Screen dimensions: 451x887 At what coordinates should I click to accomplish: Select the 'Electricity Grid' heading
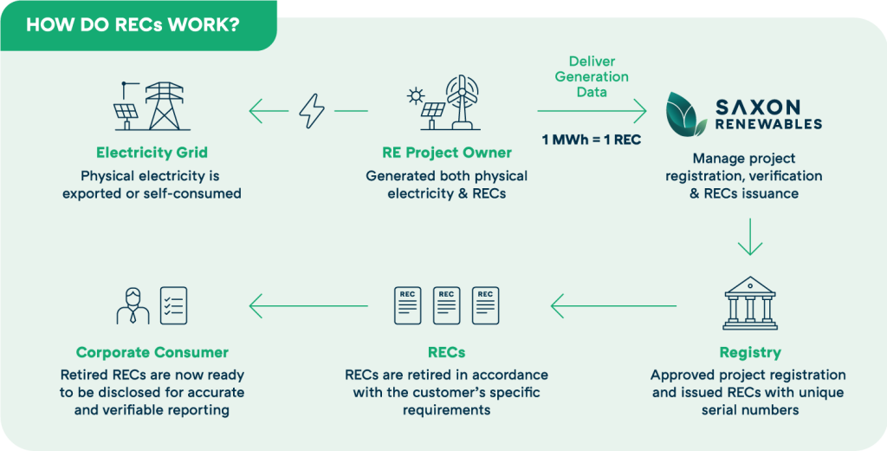click(x=152, y=153)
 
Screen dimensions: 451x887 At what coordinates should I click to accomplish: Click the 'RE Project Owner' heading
click(x=446, y=153)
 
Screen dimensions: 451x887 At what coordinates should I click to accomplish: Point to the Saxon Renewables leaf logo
click(x=689, y=114)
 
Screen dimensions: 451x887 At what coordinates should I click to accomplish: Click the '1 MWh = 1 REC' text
click(x=591, y=140)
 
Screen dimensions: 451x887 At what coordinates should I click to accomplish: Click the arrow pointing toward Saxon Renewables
click(x=592, y=111)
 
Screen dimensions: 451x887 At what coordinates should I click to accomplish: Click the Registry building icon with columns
click(x=749, y=304)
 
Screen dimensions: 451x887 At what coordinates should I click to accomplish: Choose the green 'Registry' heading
click(x=749, y=352)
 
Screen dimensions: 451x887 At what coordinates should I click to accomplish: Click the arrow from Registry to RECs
click(x=613, y=305)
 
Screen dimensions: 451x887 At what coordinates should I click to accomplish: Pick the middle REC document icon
click(x=446, y=305)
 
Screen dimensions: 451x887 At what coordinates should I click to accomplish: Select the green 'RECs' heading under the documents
click(x=446, y=352)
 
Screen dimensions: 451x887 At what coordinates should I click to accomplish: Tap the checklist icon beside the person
click(x=174, y=305)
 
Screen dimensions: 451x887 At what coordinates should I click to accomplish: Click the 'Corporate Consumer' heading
click(x=152, y=352)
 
